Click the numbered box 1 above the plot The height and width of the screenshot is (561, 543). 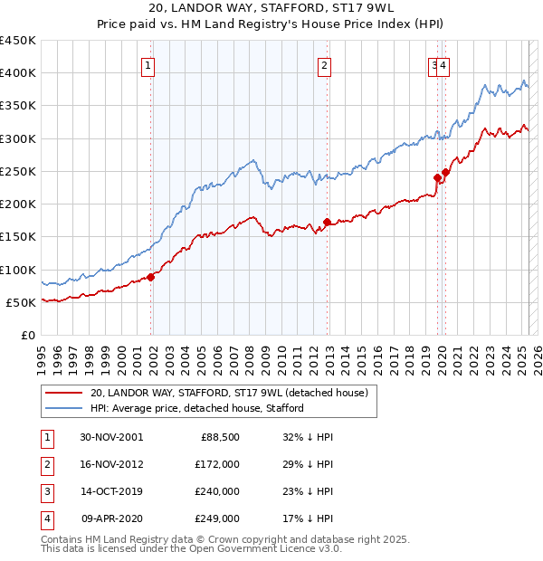pyautogui.click(x=147, y=64)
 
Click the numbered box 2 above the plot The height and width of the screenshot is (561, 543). pyautogui.click(x=323, y=64)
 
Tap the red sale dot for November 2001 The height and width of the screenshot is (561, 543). pyautogui.click(x=151, y=277)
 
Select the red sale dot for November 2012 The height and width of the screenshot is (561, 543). pyautogui.click(x=328, y=222)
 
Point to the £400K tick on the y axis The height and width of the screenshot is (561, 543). pyautogui.click(x=19, y=73)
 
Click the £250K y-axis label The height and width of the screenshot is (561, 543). pyautogui.click(x=19, y=171)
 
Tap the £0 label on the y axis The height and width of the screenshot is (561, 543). pyautogui.click(x=27, y=335)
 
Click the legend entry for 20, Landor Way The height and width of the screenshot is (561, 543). pyautogui.click(x=228, y=394)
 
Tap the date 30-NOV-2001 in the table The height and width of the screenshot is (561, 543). pyautogui.click(x=111, y=436)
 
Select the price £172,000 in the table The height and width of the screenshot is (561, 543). pyautogui.click(x=217, y=463)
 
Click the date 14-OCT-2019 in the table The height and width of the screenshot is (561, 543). pyautogui.click(x=111, y=491)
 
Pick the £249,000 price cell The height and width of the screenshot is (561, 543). pyautogui.click(x=217, y=518)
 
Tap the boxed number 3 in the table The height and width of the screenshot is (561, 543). pyautogui.click(x=45, y=491)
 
